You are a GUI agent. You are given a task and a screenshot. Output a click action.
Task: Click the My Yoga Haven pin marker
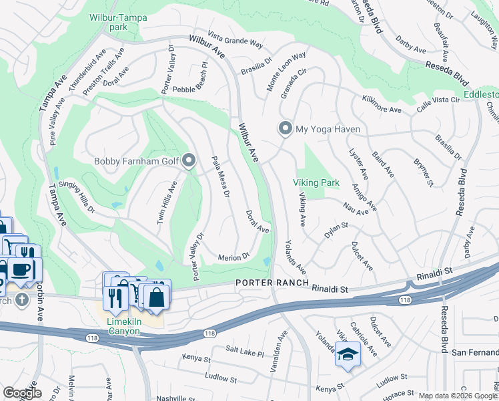point(286,129)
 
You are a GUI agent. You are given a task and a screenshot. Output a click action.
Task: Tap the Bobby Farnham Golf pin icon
point(189,160)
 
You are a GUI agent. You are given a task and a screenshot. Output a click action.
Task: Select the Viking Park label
point(316,182)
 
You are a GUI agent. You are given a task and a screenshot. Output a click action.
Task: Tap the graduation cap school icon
point(348,354)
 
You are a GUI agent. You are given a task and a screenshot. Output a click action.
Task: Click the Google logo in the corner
point(22,393)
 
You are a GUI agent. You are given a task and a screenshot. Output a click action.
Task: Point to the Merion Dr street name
point(233,257)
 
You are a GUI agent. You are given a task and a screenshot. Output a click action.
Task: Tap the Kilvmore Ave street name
point(382,107)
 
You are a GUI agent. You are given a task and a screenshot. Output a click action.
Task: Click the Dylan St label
point(336,228)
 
